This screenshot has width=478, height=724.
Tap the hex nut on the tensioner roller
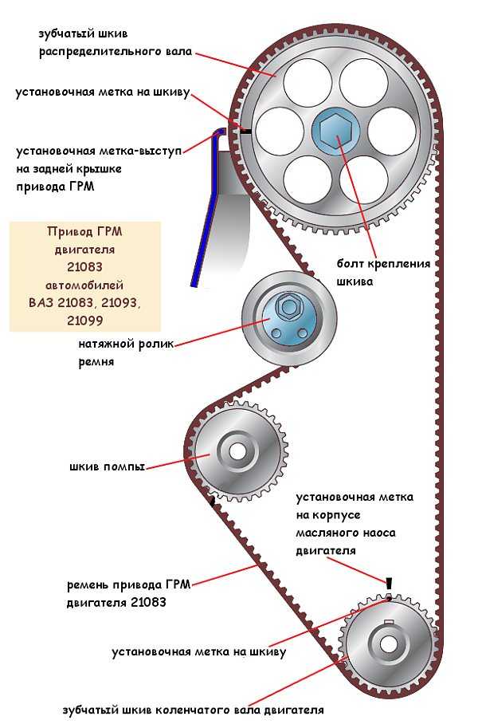(288, 307)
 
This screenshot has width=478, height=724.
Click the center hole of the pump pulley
(238, 451)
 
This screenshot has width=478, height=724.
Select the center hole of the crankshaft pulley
(388, 643)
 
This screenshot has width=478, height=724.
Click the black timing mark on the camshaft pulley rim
(246, 132)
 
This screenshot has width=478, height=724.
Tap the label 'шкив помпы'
(107, 466)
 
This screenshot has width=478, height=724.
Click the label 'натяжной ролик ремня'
(126, 352)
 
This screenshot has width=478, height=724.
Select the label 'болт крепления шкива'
(383, 273)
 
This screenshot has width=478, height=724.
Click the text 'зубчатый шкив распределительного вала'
(115, 42)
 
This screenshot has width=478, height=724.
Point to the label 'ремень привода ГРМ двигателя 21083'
(129, 593)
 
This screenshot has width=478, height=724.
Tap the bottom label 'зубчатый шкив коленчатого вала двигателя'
(194, 710)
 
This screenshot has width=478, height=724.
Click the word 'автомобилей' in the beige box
(84, 285)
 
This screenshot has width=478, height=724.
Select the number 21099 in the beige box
(84, 321)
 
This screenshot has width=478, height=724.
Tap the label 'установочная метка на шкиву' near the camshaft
(103, 92)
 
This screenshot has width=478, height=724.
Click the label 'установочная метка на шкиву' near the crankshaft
(199, 652)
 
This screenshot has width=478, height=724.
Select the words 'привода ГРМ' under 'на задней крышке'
(55, 187)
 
